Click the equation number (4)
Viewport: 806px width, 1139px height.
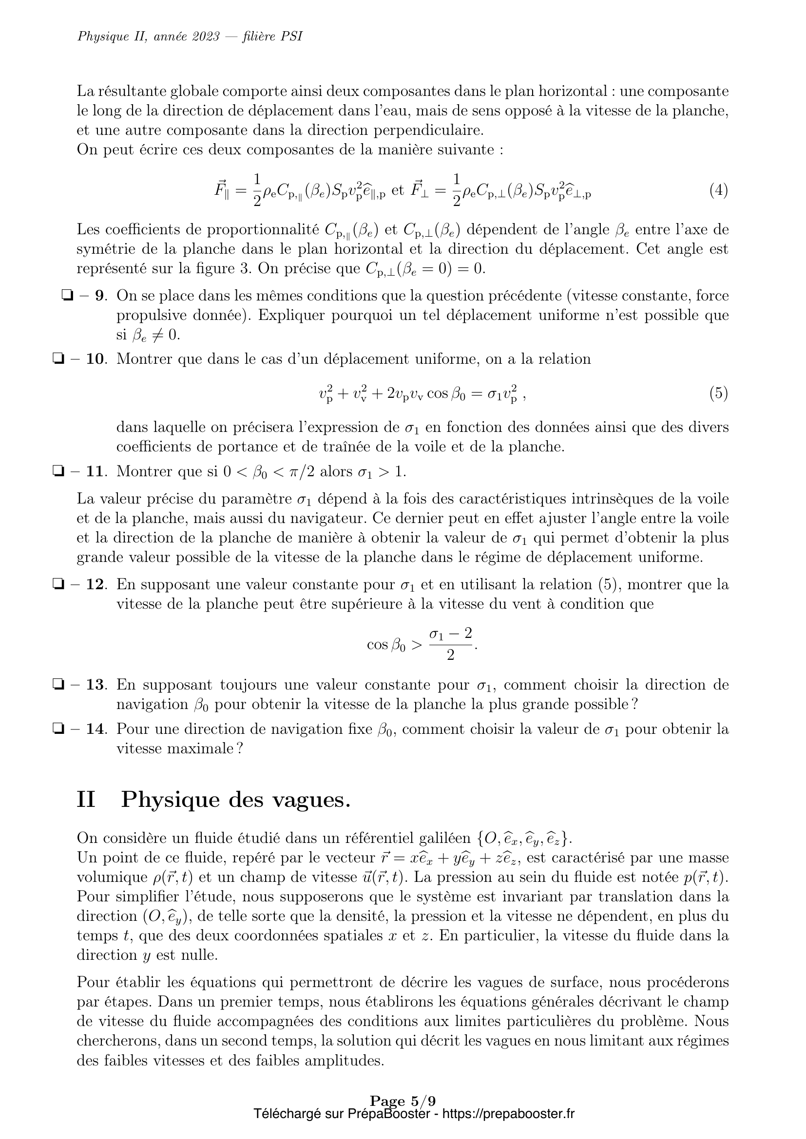pyautogui.click(x=718, y=190)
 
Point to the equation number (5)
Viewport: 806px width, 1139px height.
pyautogui.click(x=718, y=393)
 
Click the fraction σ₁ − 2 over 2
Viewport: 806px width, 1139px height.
pyautogui.click(x=451, y=644)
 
